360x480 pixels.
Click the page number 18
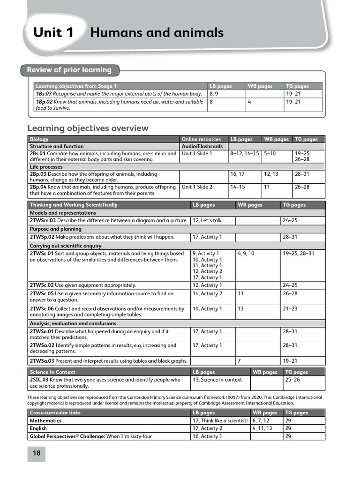pyautogui.click(x=36, y=453)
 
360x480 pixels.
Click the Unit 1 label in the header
pyautogui.click(x=53, y=33)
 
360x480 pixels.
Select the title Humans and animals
pyautogui.click(x=157, y=33)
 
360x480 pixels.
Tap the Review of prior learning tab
pyautogui.click(x=69, y=70)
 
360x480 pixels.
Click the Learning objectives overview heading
pyautogui.click(x=88, y=128)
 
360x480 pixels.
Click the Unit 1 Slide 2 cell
pyautogui.click(x=197, y=187)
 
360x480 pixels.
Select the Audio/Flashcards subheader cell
pyautogui.click(x=195, y=146)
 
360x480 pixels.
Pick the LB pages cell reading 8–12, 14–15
pyautogui.click(x=244, y=153)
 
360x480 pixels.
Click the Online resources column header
pyautogui.click(x=201, y=139)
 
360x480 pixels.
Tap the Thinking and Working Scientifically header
pyautogui.click(x=74, y=205)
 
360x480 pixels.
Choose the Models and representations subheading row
pyautogui.click(x=62, y=213)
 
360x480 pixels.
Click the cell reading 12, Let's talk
pyautogui.click(x=207, y=220)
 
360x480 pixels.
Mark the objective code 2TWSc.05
pyautogui.click(x=42, y=293)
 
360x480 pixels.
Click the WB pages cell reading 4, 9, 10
pyautogui.click(x=246, y=254)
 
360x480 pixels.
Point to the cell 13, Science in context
pyautogui.click(x=217, y=380)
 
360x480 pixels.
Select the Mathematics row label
pyautogui.click(x=45, y=420)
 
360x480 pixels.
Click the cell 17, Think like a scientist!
pyautogui.click(x=220, y=420)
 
